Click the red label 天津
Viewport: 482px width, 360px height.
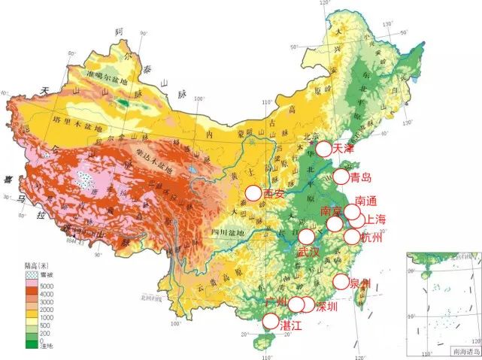click(x=343, y=149)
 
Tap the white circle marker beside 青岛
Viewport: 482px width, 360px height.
click(x=340, y=177)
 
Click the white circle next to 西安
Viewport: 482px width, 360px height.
click(x=253, y=194)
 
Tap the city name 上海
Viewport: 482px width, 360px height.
click(x=375, y=220)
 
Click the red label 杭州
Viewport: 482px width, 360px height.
click(x=371, y=237)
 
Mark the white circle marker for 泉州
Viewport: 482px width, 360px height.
click(x=341, y=283)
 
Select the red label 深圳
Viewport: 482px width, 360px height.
click(x=326, y=307)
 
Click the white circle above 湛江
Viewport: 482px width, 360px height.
click(x=269, y=321)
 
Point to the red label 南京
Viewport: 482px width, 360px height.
click(x=332, y=211)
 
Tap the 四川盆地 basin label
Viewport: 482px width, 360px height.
click(x=228, y=232)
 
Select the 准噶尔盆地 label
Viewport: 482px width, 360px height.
click(x=111, y=75)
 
